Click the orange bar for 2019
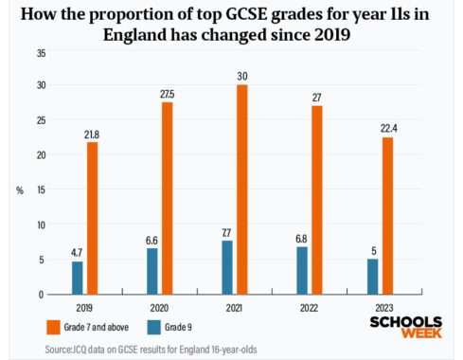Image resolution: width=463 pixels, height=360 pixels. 92,218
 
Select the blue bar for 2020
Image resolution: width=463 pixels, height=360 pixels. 152,271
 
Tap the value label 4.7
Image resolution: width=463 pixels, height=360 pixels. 78,253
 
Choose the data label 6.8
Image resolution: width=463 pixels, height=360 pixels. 302,239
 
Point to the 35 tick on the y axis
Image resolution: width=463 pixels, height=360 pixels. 39,51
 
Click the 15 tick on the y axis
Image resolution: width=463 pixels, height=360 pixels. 39,190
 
